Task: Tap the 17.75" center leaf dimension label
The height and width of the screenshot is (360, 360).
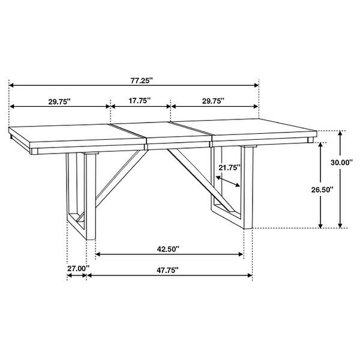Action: pos(139,101)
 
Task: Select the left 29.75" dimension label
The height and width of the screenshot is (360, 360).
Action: pos(59,101)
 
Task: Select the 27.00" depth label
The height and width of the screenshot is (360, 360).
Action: pos(77,268)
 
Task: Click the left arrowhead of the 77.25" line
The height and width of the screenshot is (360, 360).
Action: pos(11,85)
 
